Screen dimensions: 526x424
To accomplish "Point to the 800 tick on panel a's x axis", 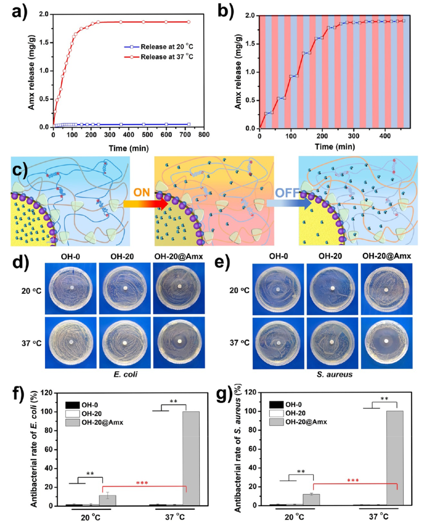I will click(x=204, y=135).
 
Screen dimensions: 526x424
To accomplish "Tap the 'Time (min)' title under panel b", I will click(x=334, y=147).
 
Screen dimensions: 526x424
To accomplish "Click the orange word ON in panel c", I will click(x=141, y=193).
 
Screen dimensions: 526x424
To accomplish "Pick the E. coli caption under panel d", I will click(x=125, y=374).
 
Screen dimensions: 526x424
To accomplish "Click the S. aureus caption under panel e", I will click(x=334, y=375).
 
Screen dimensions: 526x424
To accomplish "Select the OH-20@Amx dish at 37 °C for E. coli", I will click(x=179, y=342).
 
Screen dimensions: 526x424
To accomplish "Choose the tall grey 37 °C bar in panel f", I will click(x=191, y=458).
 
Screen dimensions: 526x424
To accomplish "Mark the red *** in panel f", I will click(x=142, y=483).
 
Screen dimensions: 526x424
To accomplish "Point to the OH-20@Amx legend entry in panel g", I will click(x=306, y=422).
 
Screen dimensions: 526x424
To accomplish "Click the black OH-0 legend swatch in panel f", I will click(x=73, y=405).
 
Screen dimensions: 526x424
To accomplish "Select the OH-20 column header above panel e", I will click(x=330, y=256).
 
